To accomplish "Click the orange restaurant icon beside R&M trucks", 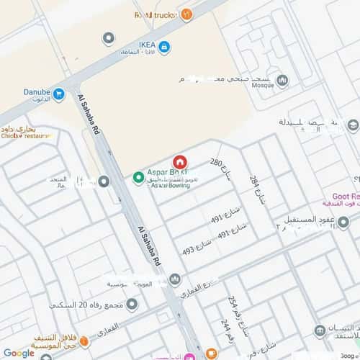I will [187, 13].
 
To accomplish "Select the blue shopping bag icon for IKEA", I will [165, 48].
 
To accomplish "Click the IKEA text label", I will [147, 42].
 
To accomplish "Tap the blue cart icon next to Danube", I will [58, 94].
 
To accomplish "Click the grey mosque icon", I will [282, 81].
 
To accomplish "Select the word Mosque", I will [259, 86].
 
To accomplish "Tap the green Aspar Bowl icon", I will [138, 177].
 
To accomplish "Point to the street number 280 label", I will [216, 163].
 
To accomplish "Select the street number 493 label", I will [189, 251].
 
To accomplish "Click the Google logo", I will [18, 353].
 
